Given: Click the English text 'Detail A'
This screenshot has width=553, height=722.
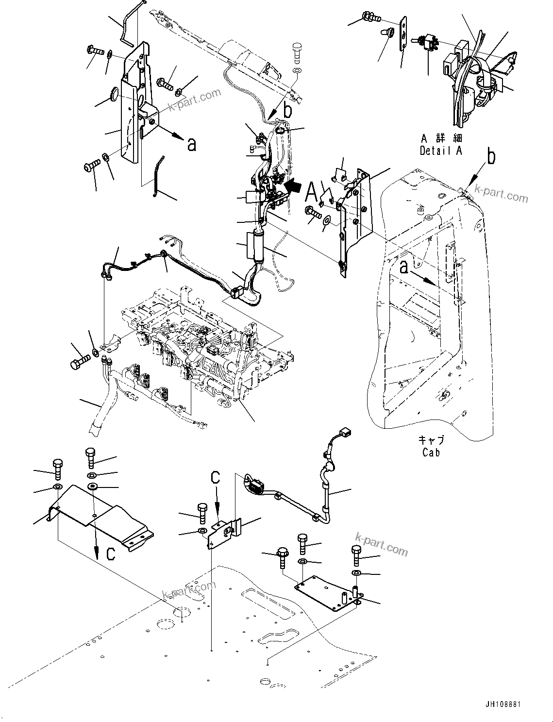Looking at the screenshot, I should (x=441, y=151).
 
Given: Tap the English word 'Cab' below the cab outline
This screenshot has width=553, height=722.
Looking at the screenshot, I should (x=431, y=453).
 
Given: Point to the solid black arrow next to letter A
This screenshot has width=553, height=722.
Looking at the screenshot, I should (x=292, y=186).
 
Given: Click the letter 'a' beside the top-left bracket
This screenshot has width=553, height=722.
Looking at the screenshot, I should (x=192, y=144).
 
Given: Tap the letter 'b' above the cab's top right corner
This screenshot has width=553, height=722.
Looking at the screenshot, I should (x=491, y=158).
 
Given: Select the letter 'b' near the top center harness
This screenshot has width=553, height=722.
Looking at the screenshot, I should (x=288, y=111).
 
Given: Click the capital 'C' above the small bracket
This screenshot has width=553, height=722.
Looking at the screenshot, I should (x=215, y=478).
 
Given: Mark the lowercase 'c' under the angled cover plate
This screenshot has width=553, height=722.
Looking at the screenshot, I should (x=111, y=554).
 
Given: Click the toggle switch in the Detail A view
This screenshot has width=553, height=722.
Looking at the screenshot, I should (x=425, y=43).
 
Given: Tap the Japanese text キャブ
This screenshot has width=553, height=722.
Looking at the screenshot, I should (x=431, y=440).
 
